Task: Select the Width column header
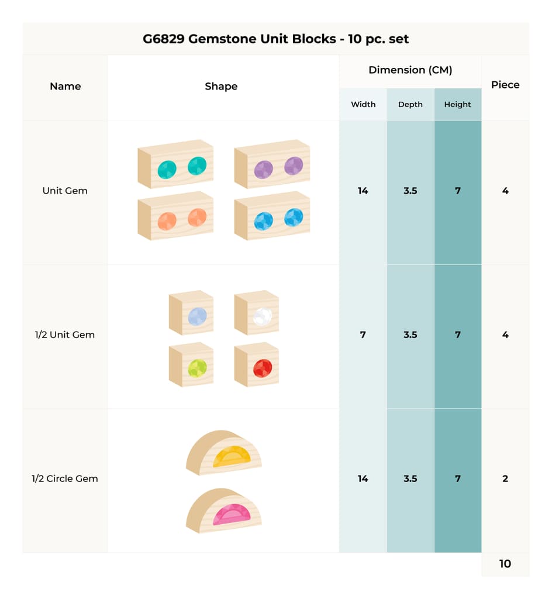(363, 104)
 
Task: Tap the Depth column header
(410, 105)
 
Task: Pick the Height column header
(457, 105)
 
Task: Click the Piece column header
(505, 85)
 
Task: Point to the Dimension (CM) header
(410, 70)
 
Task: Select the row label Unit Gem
(65, 191)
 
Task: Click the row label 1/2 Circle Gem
(65, 478)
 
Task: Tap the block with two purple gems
(272, 164)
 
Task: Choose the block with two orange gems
(175, 216)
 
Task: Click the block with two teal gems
(175, 164)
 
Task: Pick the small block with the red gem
(257, 364)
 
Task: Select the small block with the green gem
(191, 364)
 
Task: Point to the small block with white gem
(257, 312)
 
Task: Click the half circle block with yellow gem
(224, 453)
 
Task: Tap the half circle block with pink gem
(224, 510)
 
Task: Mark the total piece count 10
(505, 564)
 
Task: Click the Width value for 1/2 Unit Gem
(363, 335)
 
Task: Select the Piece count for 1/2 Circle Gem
(505, 478)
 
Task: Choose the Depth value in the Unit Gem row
(410, 191)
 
